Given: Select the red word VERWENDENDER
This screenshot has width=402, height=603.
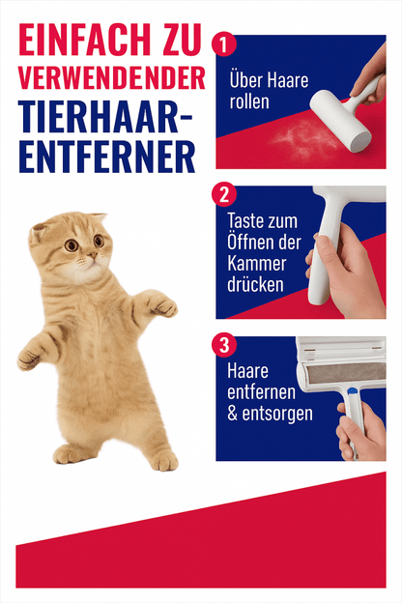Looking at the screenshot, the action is (x=111, y=78).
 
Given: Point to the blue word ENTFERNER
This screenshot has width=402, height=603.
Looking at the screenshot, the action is (x=107, y=158).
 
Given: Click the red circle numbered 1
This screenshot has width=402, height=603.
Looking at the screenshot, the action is (x=223, y=44).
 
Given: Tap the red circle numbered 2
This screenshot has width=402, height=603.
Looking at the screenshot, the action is (x=223, y=194).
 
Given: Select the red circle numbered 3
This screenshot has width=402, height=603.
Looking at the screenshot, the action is (x=223, y=345).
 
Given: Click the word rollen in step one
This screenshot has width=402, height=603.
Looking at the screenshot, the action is (x=249, y=101).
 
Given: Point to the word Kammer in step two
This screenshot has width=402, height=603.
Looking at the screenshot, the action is (x=257, y=264).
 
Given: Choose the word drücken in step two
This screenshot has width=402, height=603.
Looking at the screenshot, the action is (x=255, y=285).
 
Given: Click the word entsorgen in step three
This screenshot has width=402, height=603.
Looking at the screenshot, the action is (x=277, y=415).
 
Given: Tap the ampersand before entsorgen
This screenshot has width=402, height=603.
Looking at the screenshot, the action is (x=233, y=414).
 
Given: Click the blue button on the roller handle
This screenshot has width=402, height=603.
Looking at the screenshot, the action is (x=351, y=391).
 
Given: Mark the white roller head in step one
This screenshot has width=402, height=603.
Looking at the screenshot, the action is (x=340, y=121).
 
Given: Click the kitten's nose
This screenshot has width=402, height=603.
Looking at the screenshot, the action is (x=92, y=255).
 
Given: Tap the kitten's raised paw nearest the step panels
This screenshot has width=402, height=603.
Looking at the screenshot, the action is (x=163, y=305).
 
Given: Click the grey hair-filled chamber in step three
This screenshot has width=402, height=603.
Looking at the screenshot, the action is (x=346, y=373).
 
